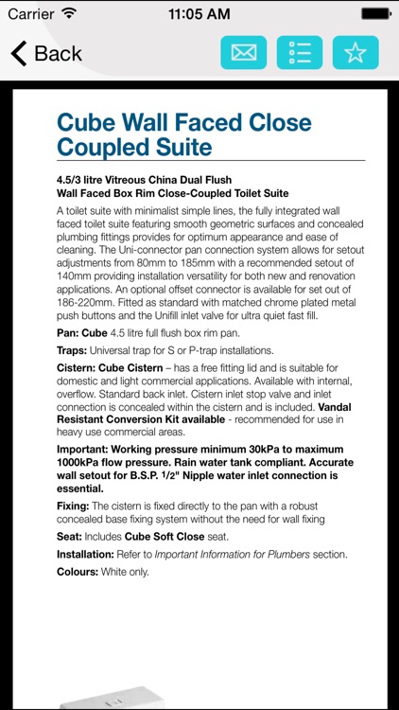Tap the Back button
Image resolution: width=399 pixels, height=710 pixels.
pos(45,53)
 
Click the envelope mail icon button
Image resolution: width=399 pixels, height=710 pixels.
pos(244,53)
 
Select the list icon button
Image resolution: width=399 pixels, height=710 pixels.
pos(300,53)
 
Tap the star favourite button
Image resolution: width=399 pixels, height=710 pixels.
pos(356,53)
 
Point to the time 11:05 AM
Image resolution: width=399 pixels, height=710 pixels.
pos(199,14)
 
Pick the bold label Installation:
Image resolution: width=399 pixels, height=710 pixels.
pos(90,554)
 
